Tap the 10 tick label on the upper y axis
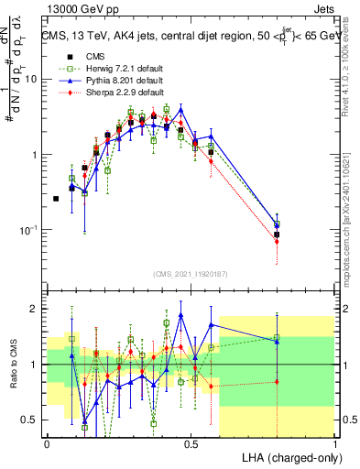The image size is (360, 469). coord(31,79)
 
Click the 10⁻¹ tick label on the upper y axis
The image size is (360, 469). coord(29,230)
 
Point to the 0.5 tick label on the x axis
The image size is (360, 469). coord(191,442)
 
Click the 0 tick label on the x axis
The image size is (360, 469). coord(47,442)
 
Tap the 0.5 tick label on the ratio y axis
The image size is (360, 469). coord(32,420)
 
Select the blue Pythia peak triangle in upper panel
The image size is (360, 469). coord(181,110)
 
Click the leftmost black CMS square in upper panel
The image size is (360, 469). coord(56,199)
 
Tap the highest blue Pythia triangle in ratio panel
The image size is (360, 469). coord(181,315)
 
